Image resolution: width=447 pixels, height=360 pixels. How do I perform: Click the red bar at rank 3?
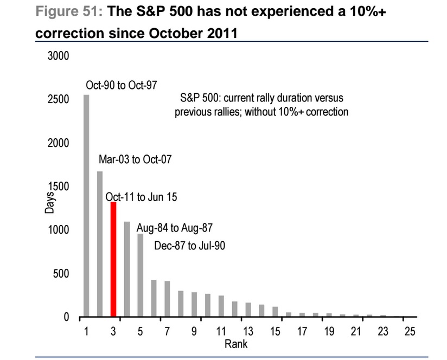113,259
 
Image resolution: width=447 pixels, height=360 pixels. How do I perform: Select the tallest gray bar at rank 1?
86,205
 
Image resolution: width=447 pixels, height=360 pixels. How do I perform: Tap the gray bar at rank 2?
100,244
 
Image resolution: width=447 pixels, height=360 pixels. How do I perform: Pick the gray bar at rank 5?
141,275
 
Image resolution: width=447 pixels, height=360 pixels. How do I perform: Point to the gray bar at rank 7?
167,299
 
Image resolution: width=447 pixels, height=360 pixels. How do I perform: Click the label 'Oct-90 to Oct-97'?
122,85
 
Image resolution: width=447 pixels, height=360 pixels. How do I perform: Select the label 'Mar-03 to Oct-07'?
135,159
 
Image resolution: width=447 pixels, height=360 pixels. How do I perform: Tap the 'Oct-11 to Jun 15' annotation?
141,197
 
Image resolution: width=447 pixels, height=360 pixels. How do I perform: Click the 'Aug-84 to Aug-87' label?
175,228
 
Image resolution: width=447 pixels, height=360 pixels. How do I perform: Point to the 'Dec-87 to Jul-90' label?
189,246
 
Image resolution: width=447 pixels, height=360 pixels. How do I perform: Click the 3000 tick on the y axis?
59,56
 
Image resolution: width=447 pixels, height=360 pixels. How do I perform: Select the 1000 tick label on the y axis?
59,229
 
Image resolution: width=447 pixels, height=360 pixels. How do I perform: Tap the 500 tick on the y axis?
61,273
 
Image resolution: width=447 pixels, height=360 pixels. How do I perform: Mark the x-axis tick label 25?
410,331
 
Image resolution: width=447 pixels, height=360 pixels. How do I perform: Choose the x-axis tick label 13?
248,331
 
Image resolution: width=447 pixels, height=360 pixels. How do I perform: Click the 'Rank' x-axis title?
236,344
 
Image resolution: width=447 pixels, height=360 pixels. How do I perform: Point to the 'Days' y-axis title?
49,203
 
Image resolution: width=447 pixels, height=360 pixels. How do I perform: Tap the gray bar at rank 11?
221,306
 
